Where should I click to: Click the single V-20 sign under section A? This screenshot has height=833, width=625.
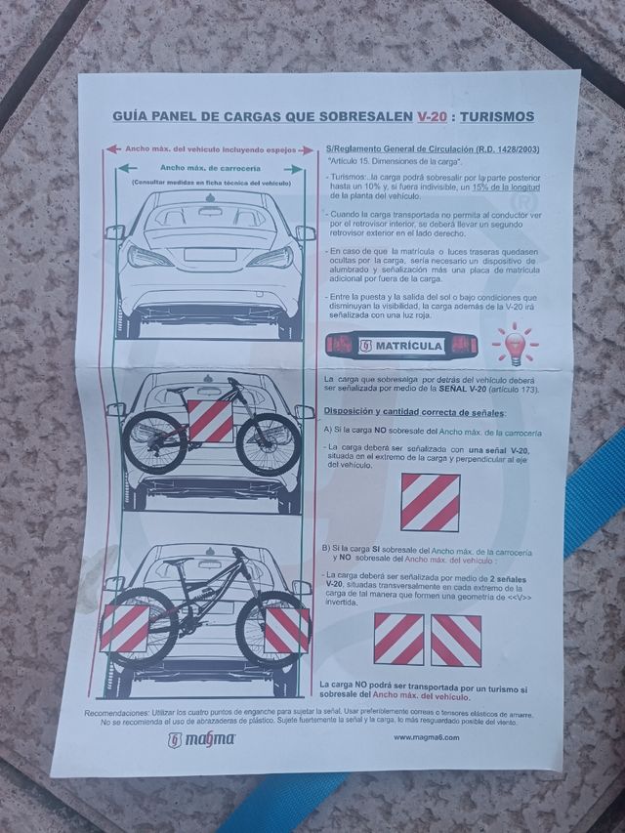430,502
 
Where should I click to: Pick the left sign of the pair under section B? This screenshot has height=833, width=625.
398,640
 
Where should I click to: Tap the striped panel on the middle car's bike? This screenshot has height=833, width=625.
210,421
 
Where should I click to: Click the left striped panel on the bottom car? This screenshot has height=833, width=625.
125,628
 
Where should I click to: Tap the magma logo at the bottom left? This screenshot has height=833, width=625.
202,739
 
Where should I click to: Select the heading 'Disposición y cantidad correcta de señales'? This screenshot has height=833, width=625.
413,411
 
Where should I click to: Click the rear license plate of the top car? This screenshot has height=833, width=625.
210,255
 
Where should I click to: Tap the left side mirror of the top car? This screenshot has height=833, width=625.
115,232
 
